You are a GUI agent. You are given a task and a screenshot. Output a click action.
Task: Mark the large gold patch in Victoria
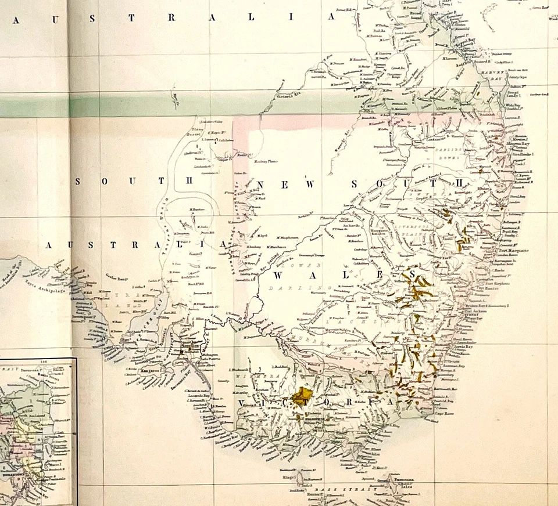click(x=302, y=397)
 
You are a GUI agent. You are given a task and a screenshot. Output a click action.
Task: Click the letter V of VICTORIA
click(x=242, y=401)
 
